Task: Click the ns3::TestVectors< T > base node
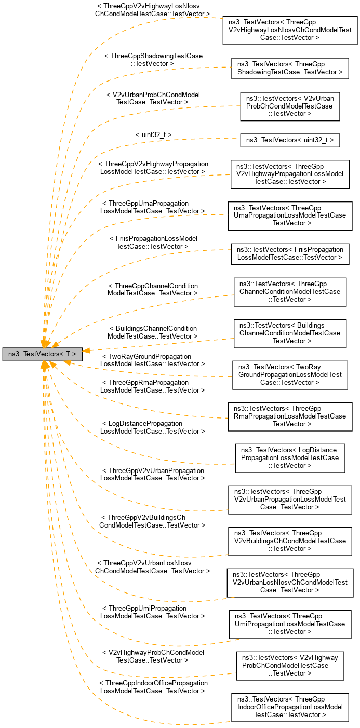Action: click(42, 354)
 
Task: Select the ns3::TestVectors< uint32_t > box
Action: click(290, 140)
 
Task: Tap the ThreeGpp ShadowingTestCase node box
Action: click(289, 68)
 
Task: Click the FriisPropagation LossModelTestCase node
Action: click(290, 253)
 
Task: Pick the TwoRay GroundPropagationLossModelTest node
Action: click(290, 374)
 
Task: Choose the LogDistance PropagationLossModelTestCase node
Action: click(290, 457)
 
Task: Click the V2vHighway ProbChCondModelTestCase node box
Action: click(290, 665)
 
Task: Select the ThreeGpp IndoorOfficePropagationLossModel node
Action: click(290, 707)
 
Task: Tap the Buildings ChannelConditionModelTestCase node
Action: click(290, 333)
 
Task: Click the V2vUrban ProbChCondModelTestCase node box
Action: click(290, 106)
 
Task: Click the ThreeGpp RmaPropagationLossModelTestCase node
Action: click(290, 416)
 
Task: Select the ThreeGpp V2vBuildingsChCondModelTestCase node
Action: click(290, 541)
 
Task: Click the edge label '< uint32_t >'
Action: click(153, 134)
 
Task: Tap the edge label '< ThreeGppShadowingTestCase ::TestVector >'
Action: click(153, 59)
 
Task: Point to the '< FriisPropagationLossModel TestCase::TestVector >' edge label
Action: click(153, 242)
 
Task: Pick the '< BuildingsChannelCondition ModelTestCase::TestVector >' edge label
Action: click(153, 332)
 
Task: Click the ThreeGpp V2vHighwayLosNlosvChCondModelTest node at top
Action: click(290, 30)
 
